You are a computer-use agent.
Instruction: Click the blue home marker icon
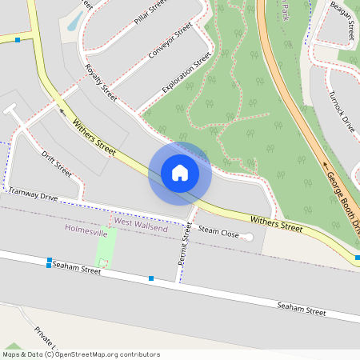coord(180,173)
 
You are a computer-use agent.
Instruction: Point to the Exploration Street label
coord(186,71)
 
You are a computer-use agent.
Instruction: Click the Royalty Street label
coord(101,83)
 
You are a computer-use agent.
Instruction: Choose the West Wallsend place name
coord(139,221)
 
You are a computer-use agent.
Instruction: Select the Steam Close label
coord(218,232)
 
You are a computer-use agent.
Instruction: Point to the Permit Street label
coord(186,245)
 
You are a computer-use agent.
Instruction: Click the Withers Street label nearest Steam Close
coord(276,222)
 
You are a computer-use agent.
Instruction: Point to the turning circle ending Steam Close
coord(247,237)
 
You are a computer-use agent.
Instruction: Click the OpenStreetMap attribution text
coord(81,354)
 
